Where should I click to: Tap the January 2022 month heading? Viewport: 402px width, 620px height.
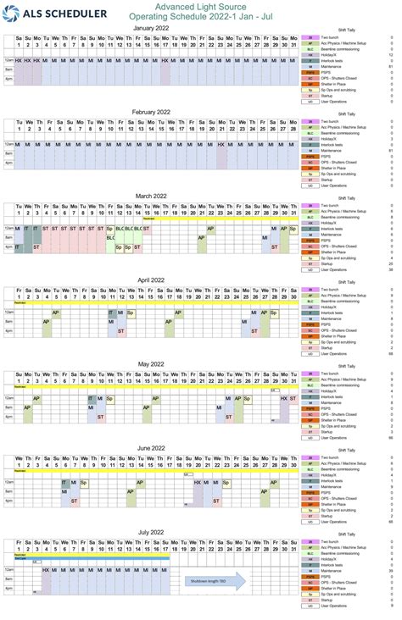[x=157, y=27]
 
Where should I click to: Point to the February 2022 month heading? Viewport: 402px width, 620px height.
[x=157, y=111]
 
